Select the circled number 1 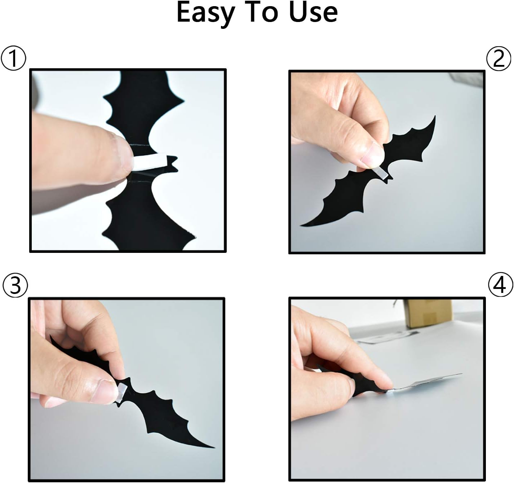click(x=13, y=59)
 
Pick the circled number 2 click(x=499, y=59)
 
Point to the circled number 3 click(x=15, y=285)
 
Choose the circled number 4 click(x=500, y=285)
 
